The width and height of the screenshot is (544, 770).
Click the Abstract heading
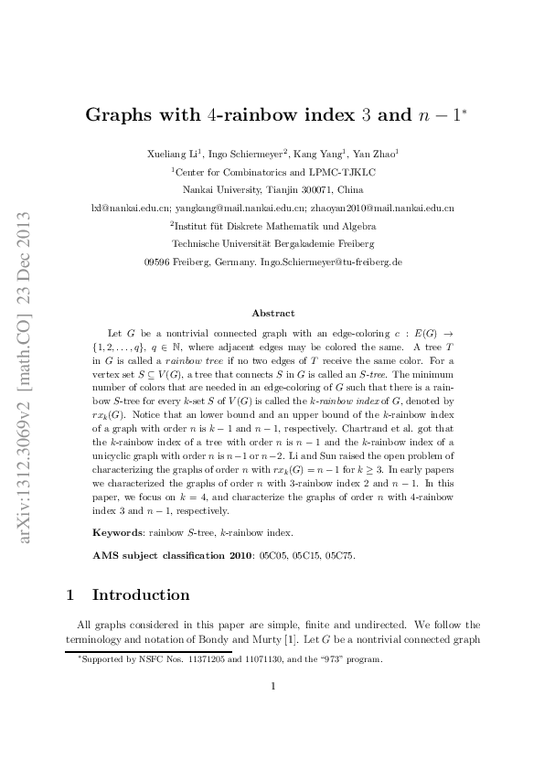(x=273, y=313)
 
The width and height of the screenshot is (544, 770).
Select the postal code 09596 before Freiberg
(x=160, y=262)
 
